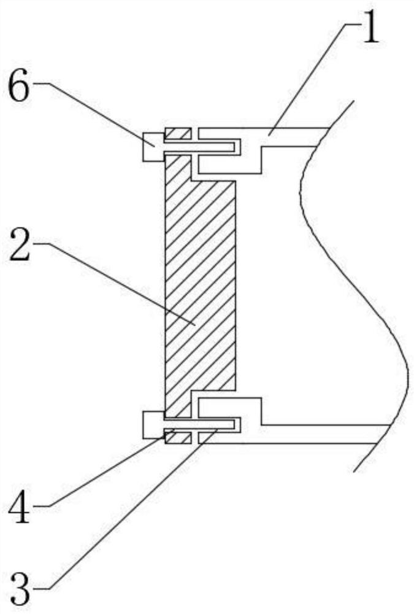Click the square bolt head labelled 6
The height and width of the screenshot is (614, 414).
point(153,147)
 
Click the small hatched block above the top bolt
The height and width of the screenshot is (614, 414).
point(178,134)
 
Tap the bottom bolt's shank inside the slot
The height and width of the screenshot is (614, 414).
point(202,425)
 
